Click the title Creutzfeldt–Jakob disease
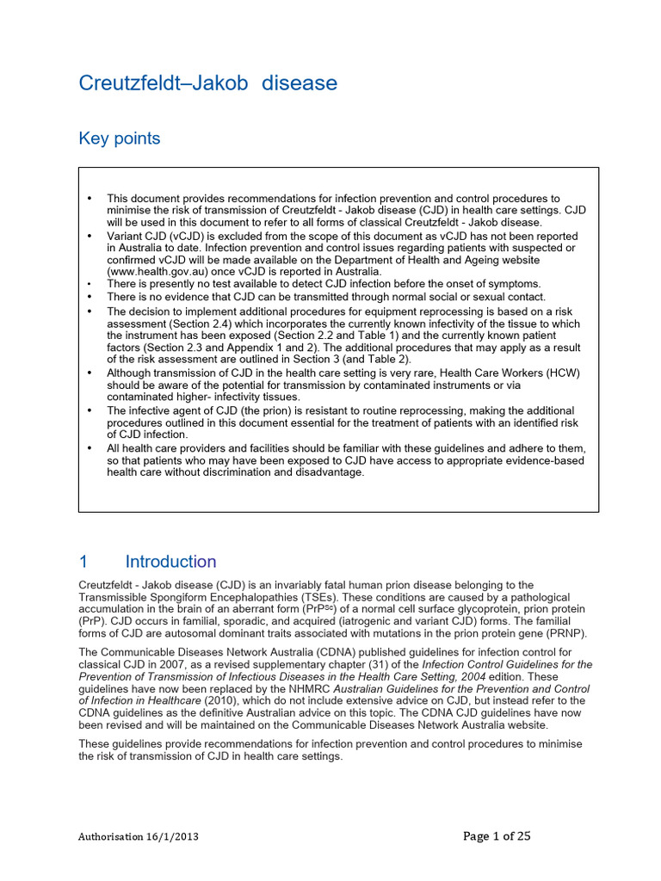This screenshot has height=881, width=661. [207, 83]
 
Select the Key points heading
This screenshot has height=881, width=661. [119, 139]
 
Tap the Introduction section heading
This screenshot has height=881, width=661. [170, 562]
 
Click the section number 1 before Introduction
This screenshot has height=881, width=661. [83, 562]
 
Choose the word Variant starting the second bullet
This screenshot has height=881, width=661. [125, 236]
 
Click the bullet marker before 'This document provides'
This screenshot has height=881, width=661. [90, 199]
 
